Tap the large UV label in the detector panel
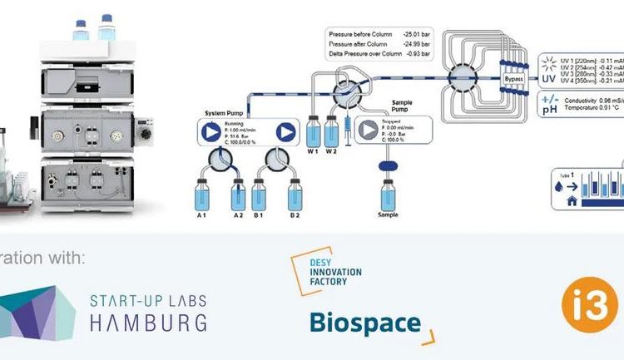pyautogui.click(x=548, y=79)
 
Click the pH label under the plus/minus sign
pyautogui.click(x=549, y=110)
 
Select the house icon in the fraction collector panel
pyautogui.click(x=572, y=200)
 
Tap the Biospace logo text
pyautogui.click(x=364, y=322)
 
